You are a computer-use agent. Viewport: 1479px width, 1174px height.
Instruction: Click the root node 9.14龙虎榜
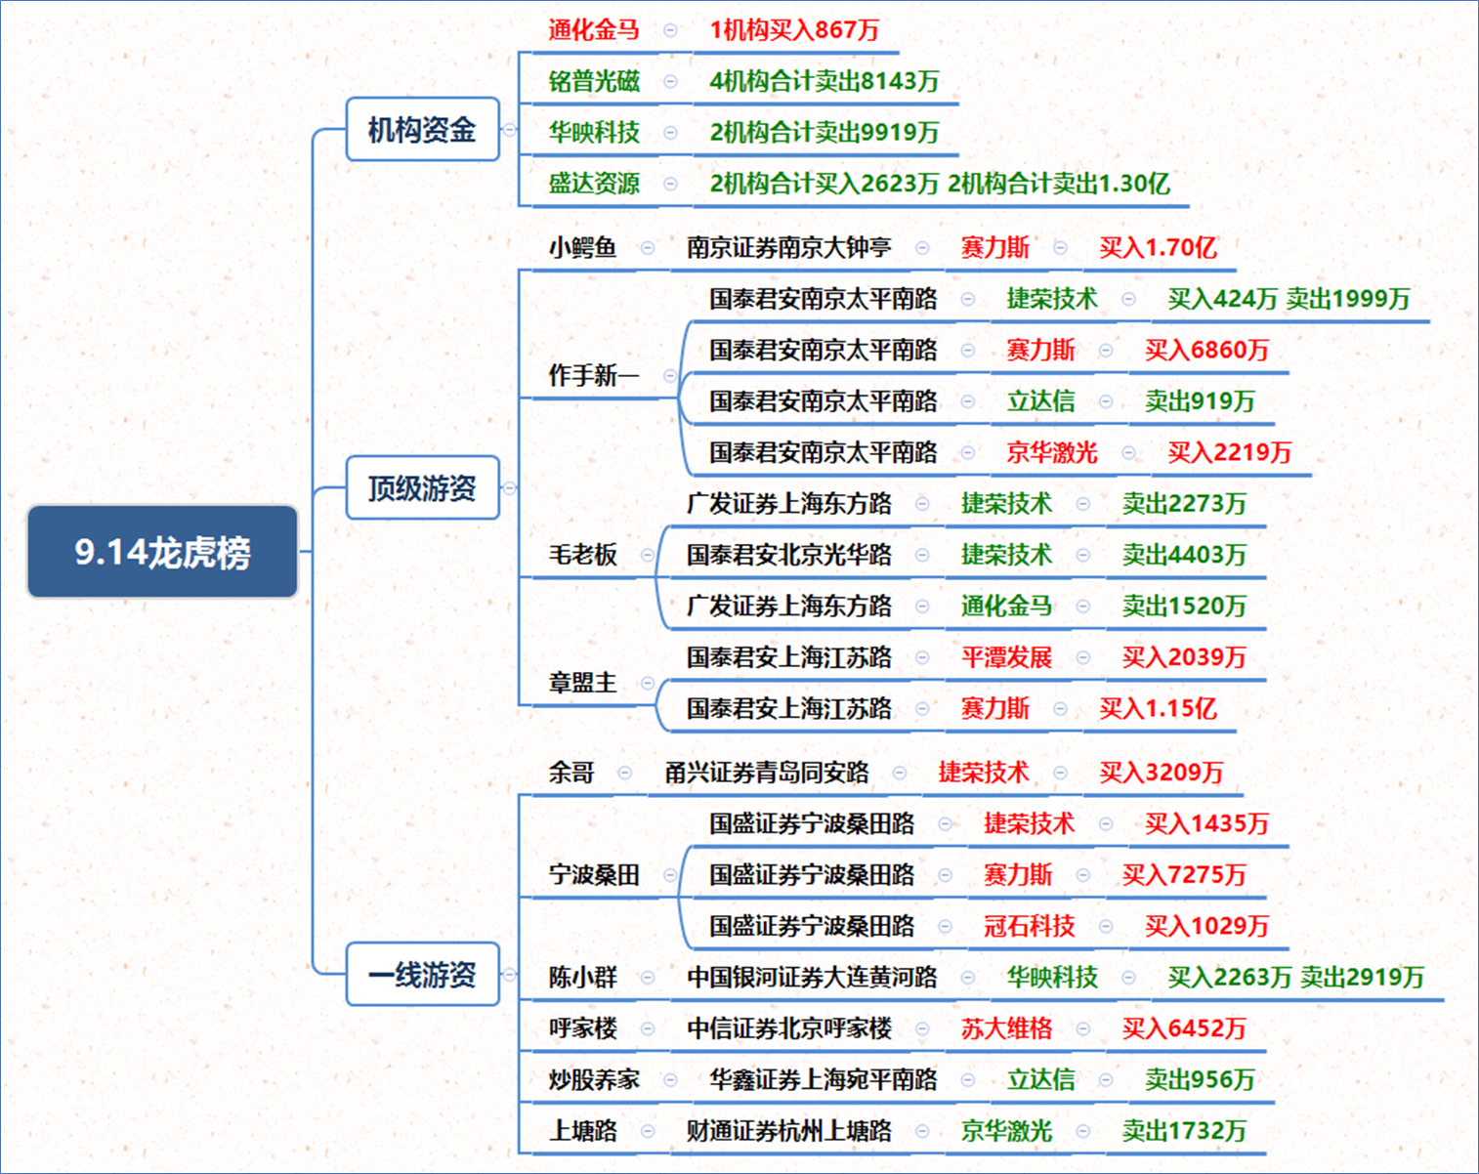pyautogui.click(x=162, y=551)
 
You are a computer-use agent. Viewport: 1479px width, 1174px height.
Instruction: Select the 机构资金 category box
pyautogui.click(x=422, y=129)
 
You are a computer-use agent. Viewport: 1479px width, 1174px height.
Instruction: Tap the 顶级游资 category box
pyautogui.click(x=422, y=487)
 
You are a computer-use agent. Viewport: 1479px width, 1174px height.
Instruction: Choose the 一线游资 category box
pyautogui.click(x=422, y=974)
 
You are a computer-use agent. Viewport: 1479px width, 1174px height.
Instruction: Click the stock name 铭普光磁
pyautogui.click(x=594, y=81)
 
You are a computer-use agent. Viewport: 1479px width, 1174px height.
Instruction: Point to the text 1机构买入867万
pyautogui.click(x=794, y=30)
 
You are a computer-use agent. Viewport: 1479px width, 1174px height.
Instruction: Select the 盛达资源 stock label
pyautogui.click(x=594, y=184)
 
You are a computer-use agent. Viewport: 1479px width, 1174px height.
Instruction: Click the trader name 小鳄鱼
pyautogui.click(x=582, y=247)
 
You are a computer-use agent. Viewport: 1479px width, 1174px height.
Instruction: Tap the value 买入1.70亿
pyautogui.click(x=1158, y=247)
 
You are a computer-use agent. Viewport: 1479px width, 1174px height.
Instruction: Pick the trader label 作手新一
pyautogui.click(x=594, y=375)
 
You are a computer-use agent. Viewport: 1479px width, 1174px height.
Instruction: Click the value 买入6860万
pyautogui.click(x=1206, y=350)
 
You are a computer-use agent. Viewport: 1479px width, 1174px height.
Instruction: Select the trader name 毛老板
pyautogui.click(x=582, y=555)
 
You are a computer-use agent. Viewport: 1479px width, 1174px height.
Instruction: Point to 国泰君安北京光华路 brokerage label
pyautogui.click(x=789, y=555)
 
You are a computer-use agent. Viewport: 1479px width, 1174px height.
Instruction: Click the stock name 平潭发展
pyautogui.click(x=1006, y=657)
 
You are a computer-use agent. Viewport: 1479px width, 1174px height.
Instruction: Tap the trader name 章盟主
pyautogui.click(x=582, y=683)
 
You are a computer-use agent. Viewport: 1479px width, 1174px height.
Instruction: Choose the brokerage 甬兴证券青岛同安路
pyautogui.click(x=766, y=773)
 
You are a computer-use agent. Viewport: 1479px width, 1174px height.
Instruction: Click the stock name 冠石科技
pyautogui.click(x=1029, y=926)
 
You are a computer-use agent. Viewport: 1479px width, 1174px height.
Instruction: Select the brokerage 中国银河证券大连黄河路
pyautogui.click(x=812, y=977)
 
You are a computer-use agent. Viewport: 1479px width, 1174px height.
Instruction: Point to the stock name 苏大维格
pyautogui.click(x=1006, y=1028)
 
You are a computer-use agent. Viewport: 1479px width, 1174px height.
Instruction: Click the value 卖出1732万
pyautogui.click(x=1183, y=1131)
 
